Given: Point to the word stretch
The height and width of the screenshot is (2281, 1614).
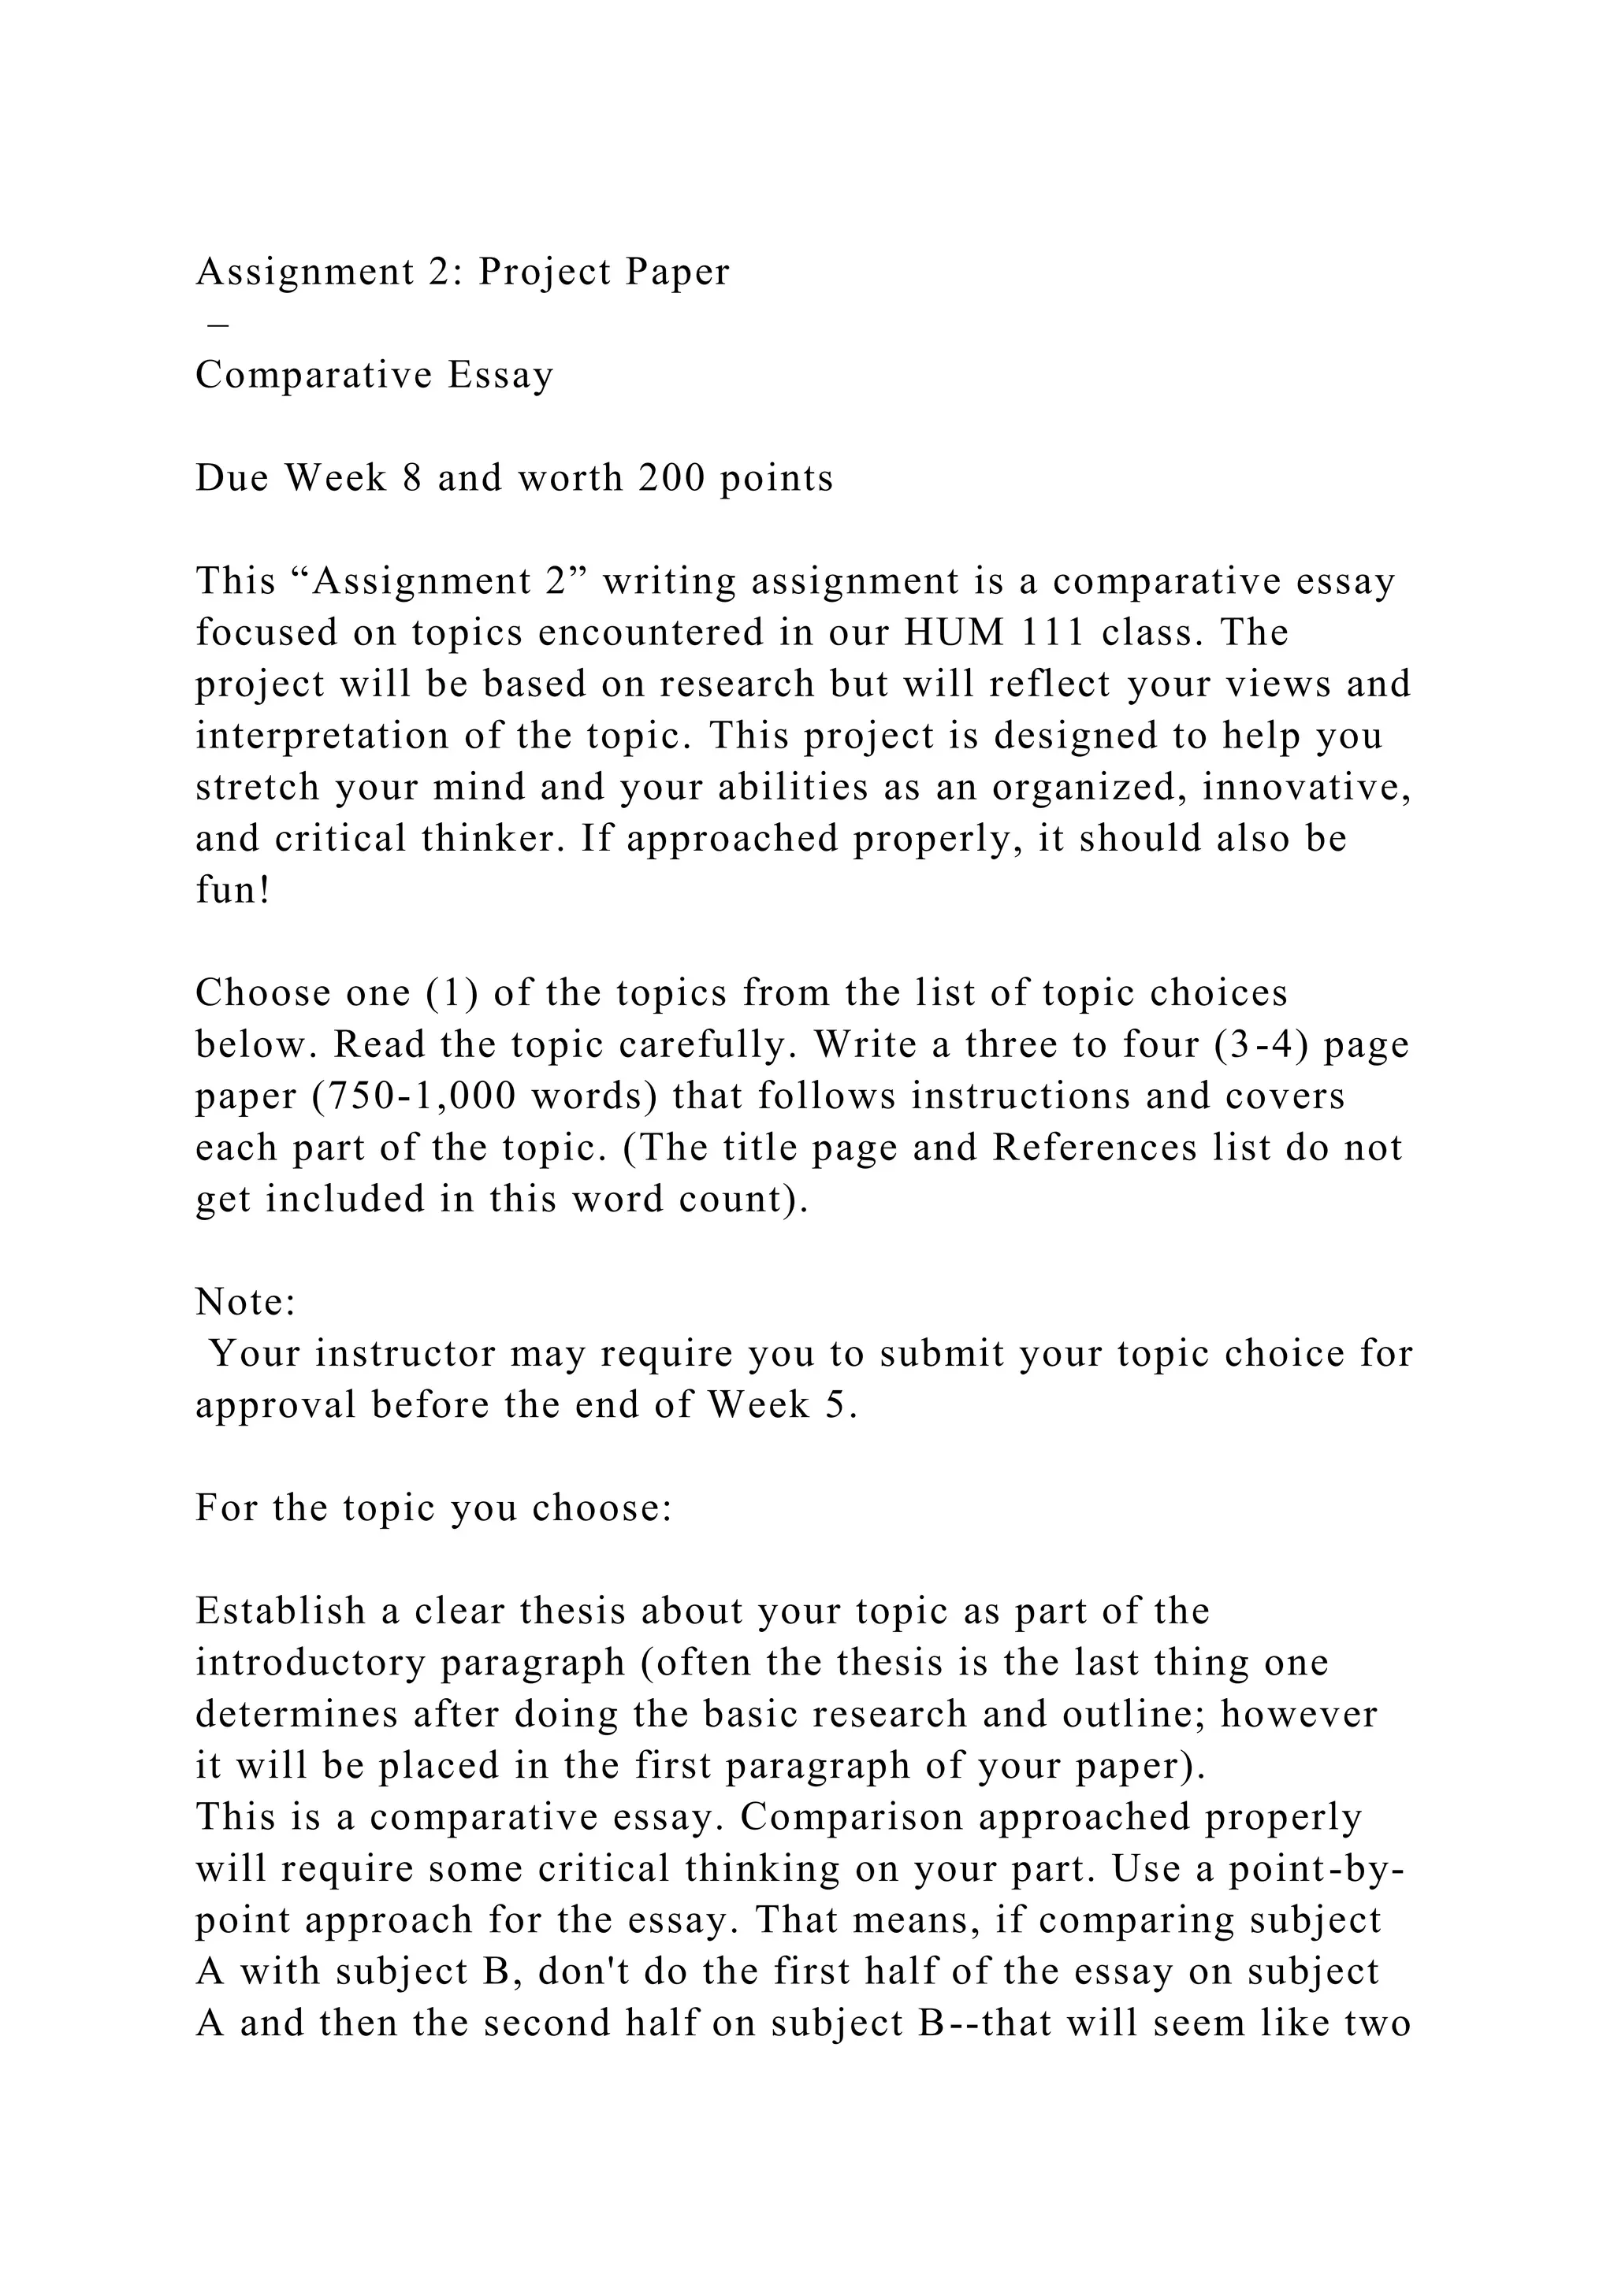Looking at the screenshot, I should click(255, 788).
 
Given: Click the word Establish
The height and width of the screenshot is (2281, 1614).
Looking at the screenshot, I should click(281, 1612).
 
